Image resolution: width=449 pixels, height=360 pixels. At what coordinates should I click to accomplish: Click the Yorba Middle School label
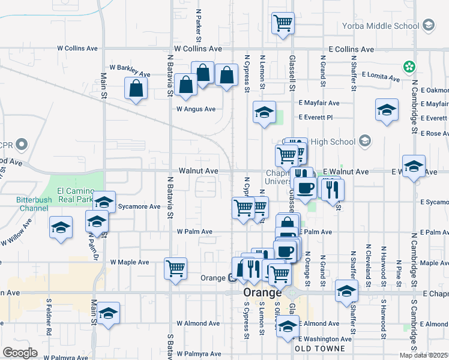[380, 26]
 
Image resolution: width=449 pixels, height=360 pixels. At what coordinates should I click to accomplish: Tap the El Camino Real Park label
[76, 194]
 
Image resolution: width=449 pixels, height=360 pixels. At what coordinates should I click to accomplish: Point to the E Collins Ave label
[351, 50]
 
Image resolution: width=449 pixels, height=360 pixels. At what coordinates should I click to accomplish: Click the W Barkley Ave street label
[129, 67]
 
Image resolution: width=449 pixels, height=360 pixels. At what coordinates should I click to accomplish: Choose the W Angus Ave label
[196, 109]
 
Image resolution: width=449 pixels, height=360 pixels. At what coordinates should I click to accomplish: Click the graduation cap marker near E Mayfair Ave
[387, 110]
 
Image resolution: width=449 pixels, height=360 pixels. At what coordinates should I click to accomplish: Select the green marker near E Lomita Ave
[410, 66]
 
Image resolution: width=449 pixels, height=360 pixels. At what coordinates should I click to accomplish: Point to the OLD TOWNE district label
[319, 349]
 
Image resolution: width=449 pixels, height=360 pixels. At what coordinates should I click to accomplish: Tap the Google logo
[20, 352]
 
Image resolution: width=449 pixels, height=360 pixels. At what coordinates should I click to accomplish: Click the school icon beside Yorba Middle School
[429, 25]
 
